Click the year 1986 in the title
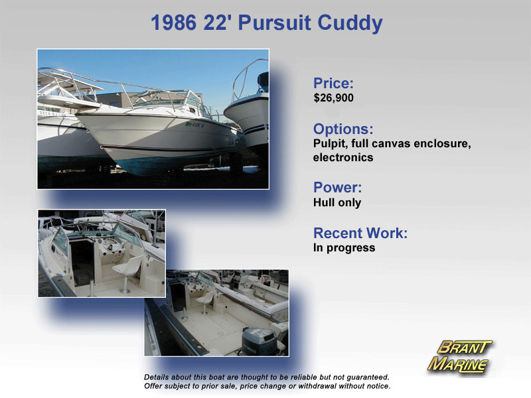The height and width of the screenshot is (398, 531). [173, 23]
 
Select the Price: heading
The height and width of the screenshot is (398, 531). [333, 83]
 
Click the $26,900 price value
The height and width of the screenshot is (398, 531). [333, 98]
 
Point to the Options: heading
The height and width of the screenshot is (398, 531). [343, 129]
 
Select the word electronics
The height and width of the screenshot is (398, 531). [343, 157]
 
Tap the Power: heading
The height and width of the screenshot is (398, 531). [337, 187]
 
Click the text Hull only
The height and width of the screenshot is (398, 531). [337, 202]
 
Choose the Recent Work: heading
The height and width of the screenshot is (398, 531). [360, 233]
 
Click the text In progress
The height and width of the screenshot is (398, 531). [344, 247]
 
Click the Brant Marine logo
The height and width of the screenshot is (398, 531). [459, 357]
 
